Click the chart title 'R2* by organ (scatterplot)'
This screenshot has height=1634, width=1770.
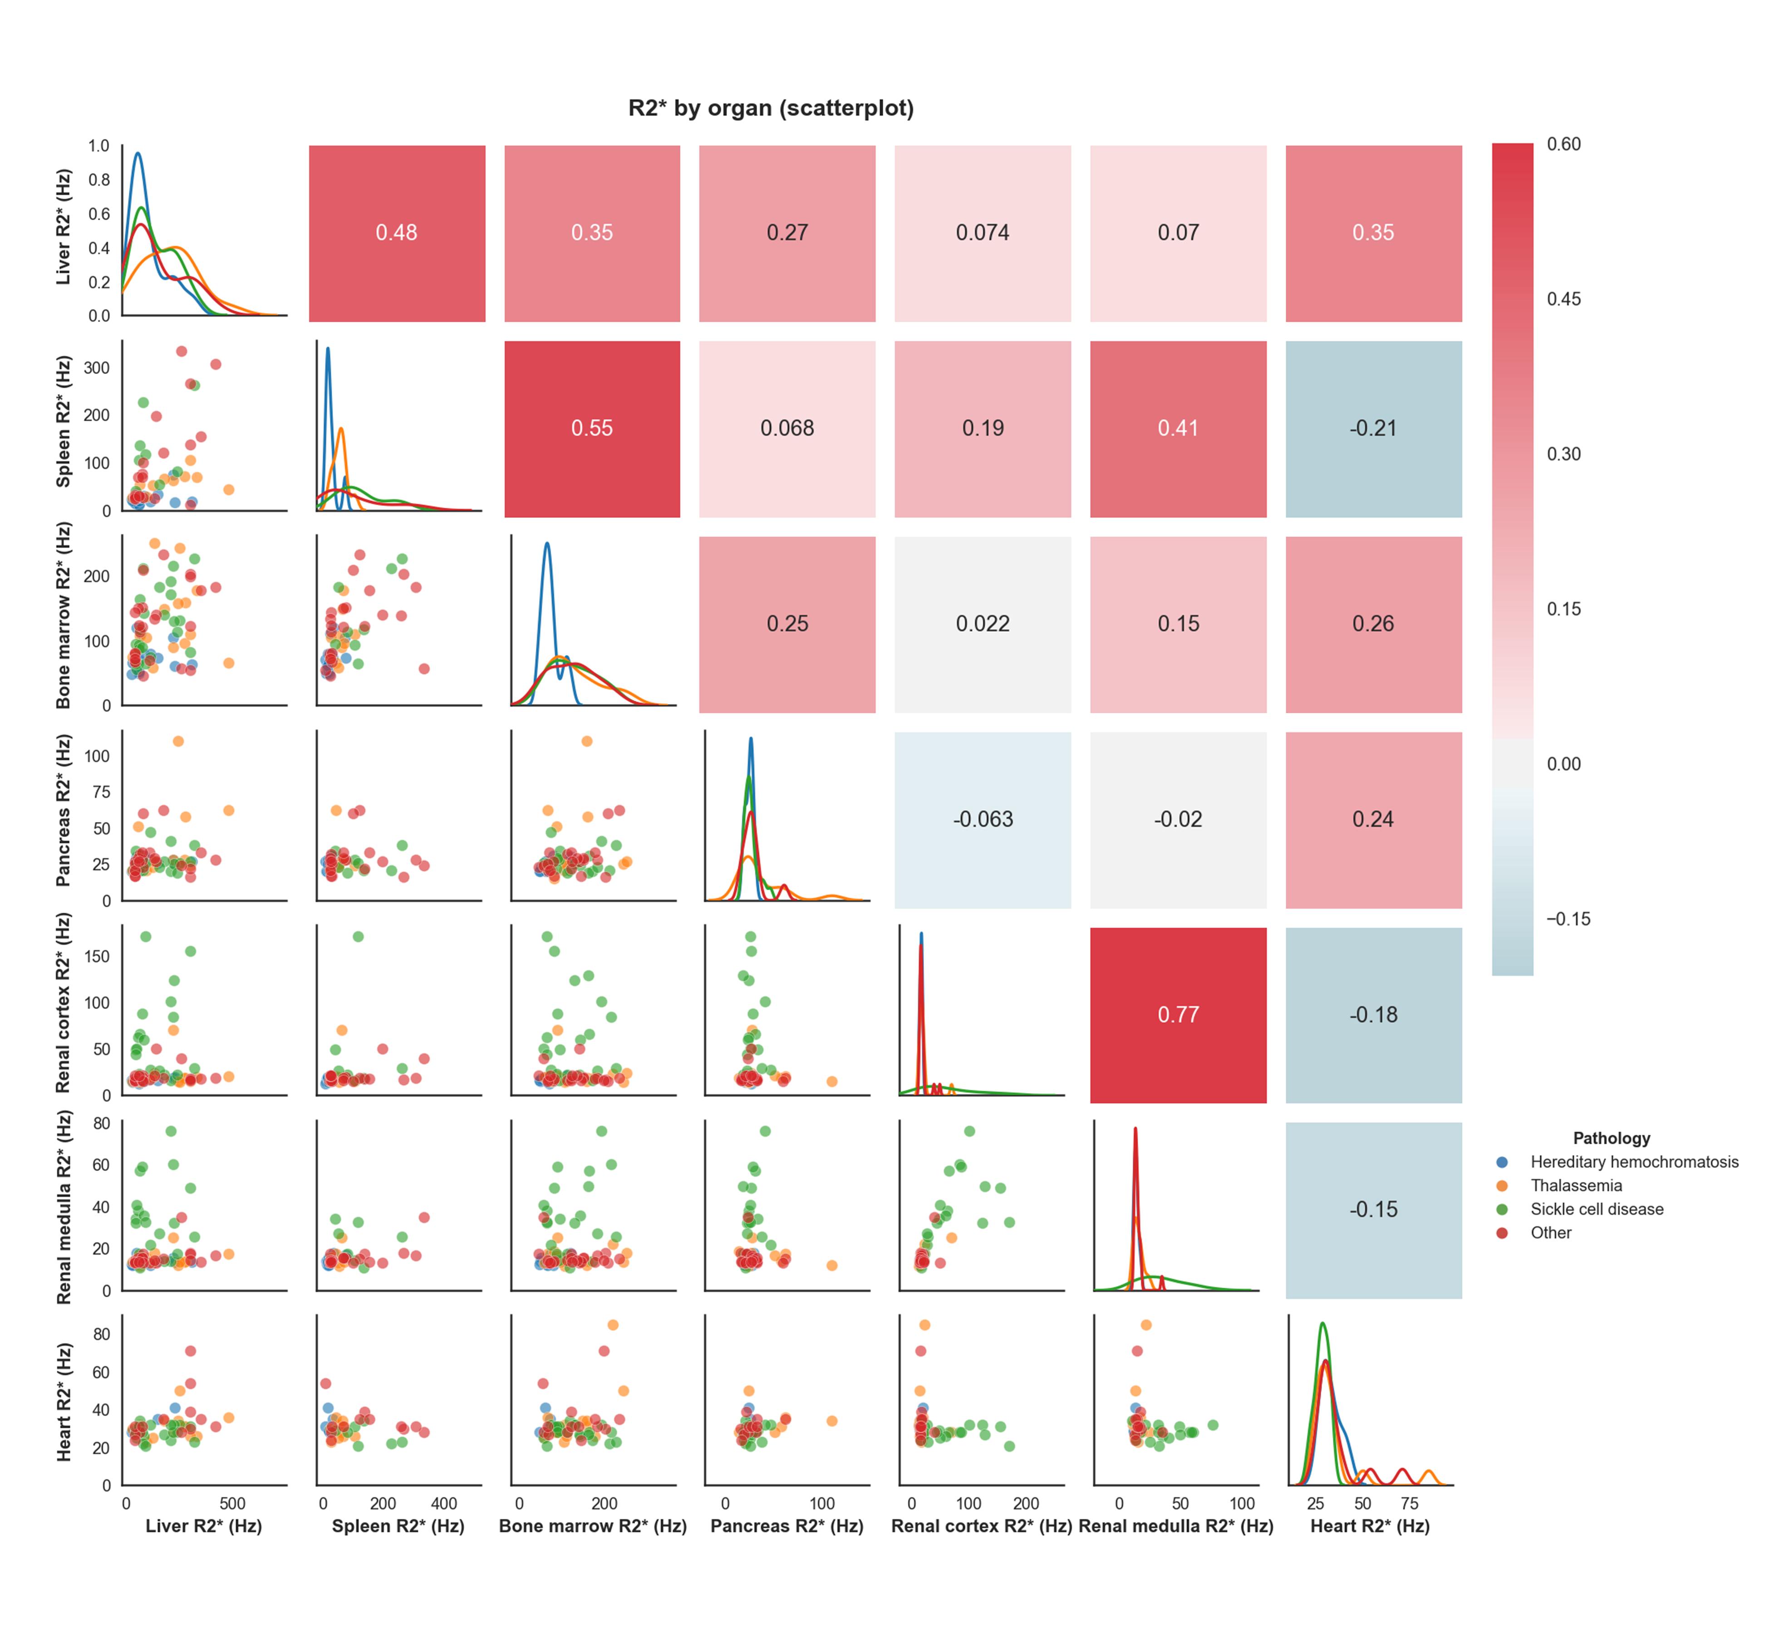(x=771, y=108)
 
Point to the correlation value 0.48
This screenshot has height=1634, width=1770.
(x=396, y=232)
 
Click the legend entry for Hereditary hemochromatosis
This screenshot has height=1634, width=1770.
(x=1634, y=1162)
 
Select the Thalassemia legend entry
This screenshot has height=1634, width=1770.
(x=1575, y=1186)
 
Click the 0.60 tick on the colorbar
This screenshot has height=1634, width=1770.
(x=1563, y=144)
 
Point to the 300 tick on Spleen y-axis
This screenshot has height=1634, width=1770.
(x=96, y=368)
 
